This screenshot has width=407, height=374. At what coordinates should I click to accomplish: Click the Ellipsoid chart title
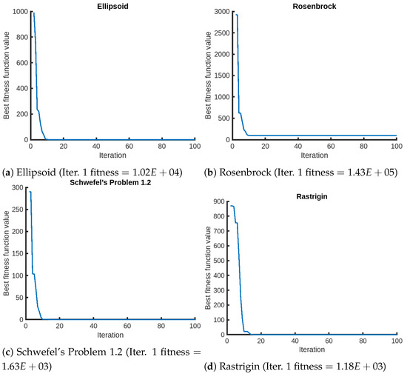pyautogui.click(x=110, y=5)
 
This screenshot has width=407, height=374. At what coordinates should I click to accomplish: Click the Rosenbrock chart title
pyautogui.click(x=311, y=5)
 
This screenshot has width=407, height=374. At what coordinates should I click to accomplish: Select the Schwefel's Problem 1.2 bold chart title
pyautogui.click(x=110, y=182)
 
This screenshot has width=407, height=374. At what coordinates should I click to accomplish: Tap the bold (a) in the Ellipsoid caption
pyautogui.click(x=10, y=173)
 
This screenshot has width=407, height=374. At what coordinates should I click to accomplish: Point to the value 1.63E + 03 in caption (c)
pyautogui.click(x=30, y=366)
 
